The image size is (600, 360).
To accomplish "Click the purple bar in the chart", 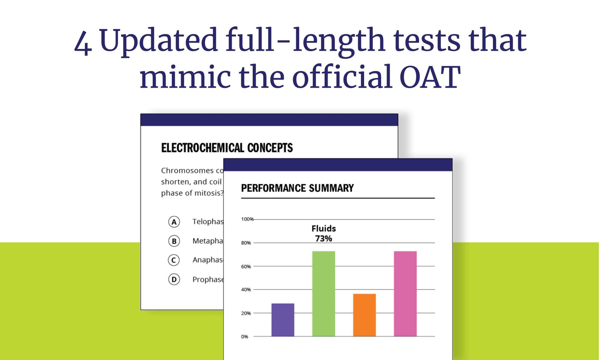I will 283,320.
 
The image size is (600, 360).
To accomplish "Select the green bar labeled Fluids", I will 323,294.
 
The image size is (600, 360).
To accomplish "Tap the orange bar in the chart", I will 364,315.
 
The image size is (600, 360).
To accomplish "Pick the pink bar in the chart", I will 405,294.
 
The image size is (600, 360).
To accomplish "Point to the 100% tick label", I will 247,219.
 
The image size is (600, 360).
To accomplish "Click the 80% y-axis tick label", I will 246,243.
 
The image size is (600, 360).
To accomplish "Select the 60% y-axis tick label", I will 246,267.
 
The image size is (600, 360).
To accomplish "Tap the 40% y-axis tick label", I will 246,290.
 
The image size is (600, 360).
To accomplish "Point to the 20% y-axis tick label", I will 246,313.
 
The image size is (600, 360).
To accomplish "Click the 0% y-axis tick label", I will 245,337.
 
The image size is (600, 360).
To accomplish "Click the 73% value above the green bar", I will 323,239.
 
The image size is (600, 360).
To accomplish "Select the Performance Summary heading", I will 297,188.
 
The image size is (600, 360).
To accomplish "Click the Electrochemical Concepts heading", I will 227,148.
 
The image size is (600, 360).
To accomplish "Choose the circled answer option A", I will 174,222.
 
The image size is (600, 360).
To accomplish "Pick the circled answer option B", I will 174,241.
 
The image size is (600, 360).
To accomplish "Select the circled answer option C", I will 174,260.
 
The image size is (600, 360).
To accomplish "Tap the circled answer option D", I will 174,279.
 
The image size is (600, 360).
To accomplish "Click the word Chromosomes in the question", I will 187,171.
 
